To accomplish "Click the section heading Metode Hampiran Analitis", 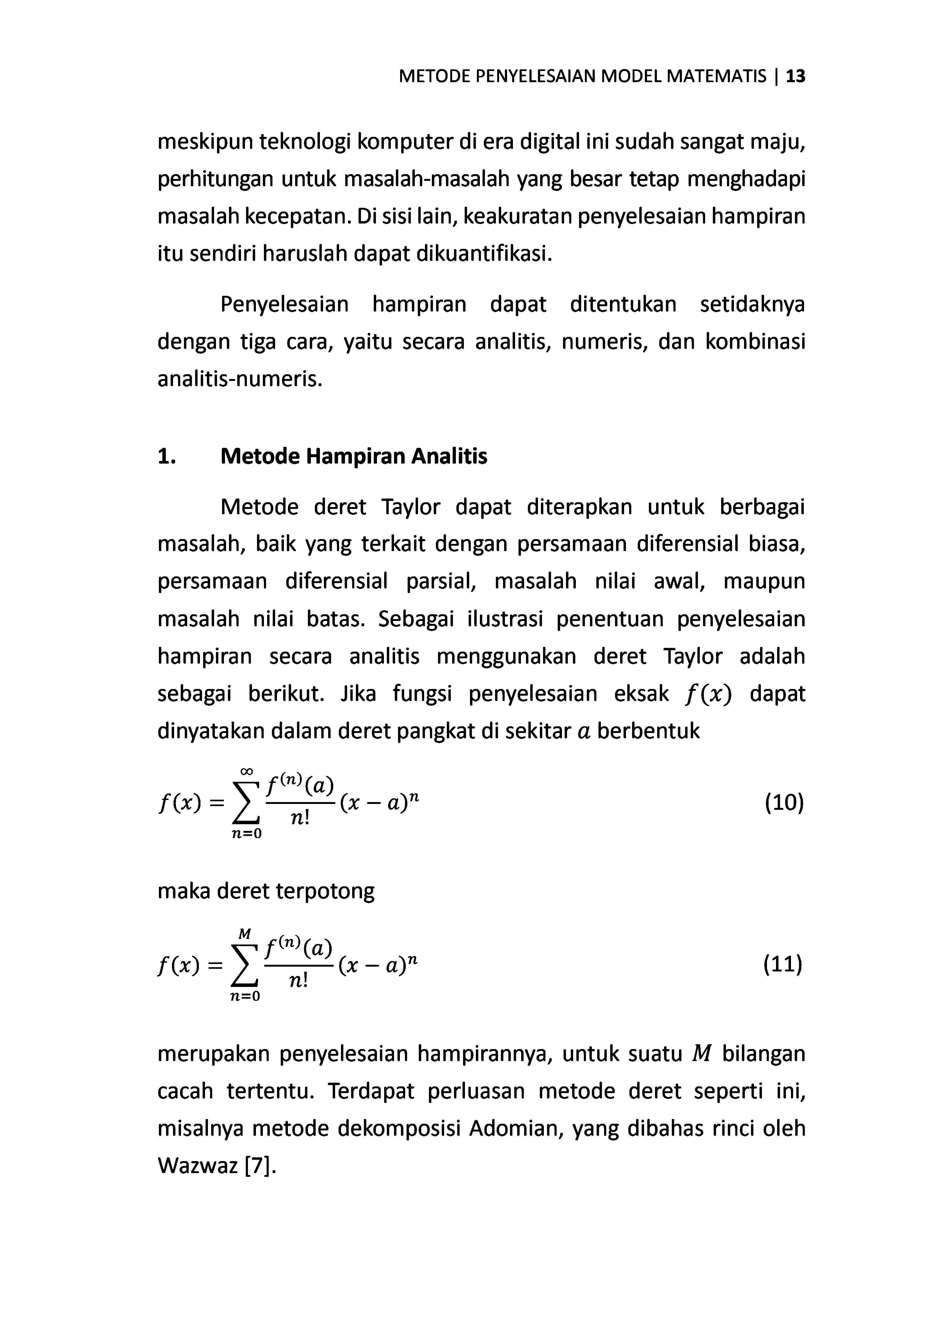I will (x=354, y=456).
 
